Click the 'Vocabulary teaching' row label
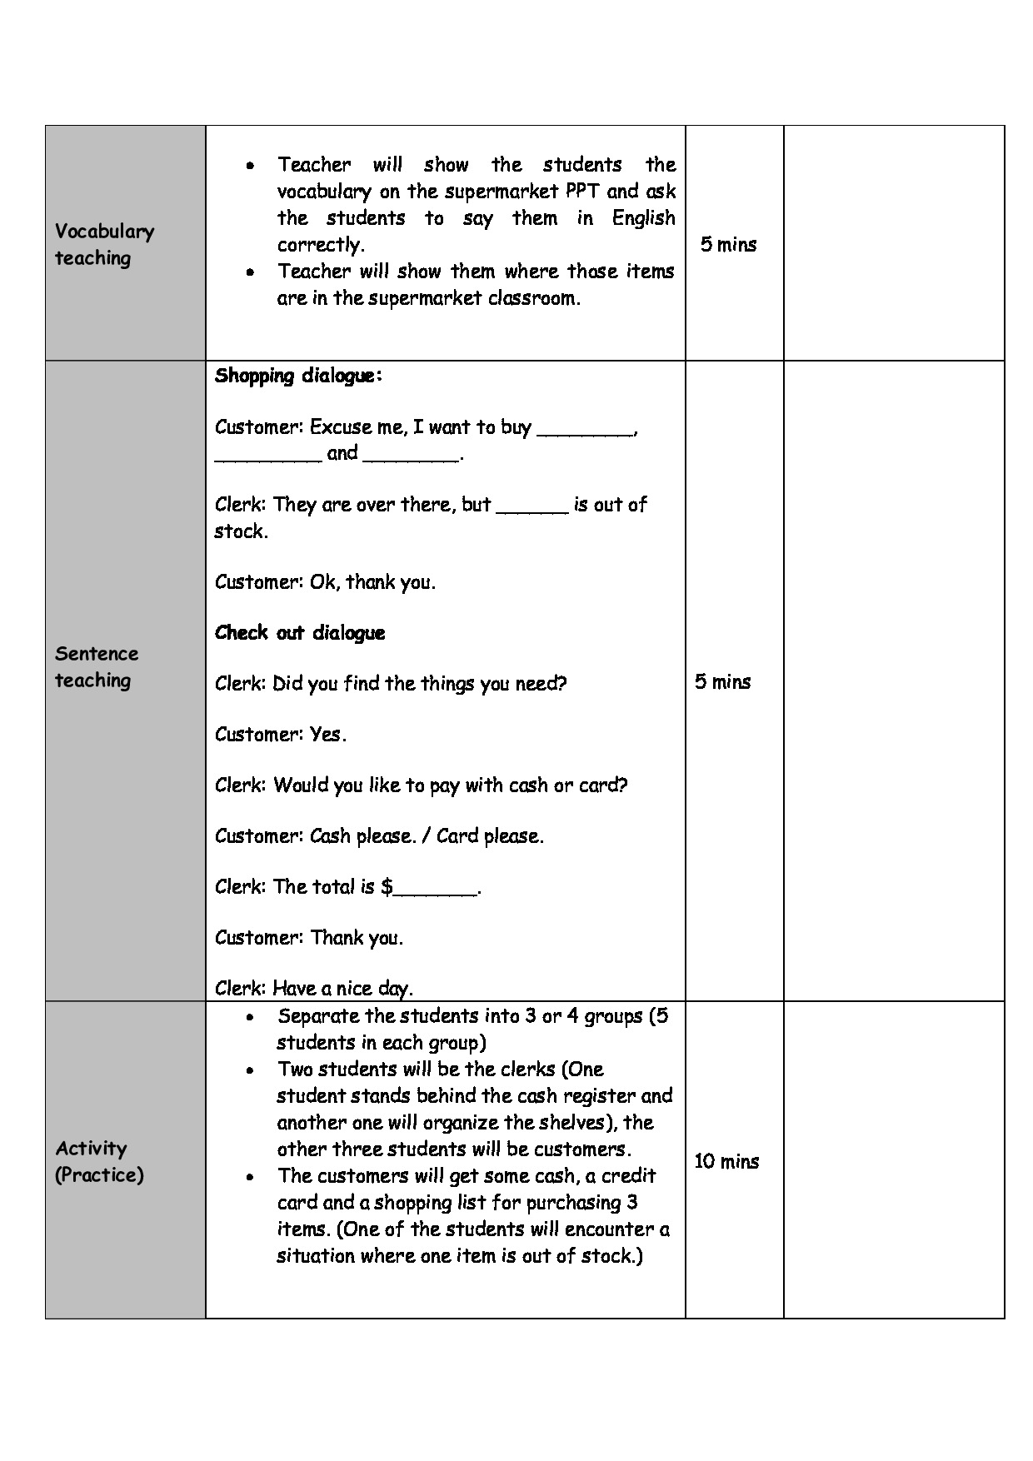[104, 244]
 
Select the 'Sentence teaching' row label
[96, 666]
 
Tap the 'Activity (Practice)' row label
[98, 1161]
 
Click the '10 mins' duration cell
[726, 1161]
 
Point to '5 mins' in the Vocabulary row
[728, 244]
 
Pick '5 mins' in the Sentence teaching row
[722, 681]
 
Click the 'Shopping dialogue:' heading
[298, 376]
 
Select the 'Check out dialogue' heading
[300, 633]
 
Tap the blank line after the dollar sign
[435, 888]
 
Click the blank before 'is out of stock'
[531, 506]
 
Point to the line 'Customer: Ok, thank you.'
[325, 582]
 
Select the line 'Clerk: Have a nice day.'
[313, 989]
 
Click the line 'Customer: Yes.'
[280, 735]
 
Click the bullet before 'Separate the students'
[250, 1017]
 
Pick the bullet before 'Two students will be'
[250, 1070]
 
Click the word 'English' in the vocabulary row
[643, 218]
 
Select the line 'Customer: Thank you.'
[308, 938]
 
